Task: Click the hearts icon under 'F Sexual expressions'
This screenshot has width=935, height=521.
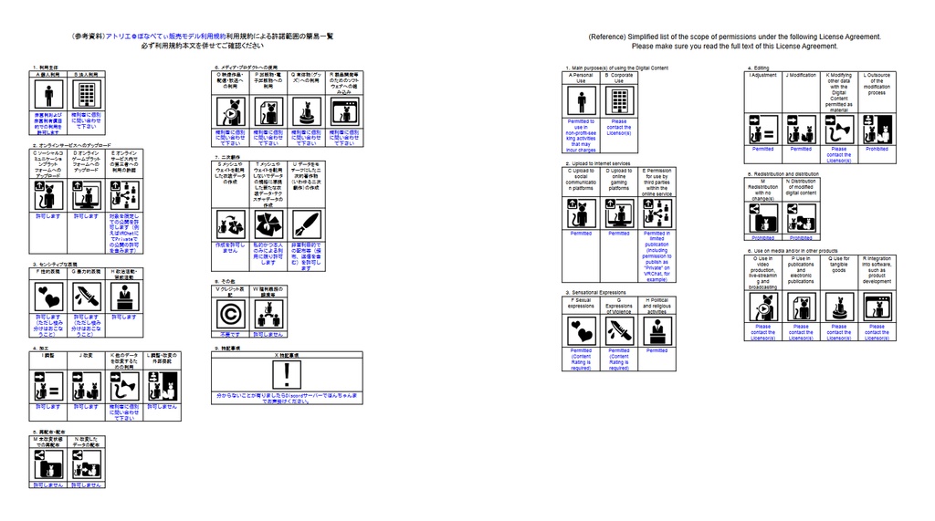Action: tap(581, 330)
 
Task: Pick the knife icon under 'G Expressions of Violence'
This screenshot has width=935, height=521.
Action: tap(619, 330)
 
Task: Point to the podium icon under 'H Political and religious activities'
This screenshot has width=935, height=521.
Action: tap(657, 330)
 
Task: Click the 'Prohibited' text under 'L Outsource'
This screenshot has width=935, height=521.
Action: tap(877, 149)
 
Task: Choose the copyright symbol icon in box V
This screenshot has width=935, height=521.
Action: tap(230, 314)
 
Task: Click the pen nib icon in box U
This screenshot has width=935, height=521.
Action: tap(306, 224)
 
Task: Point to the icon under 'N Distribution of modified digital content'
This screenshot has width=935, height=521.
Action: tap(801, 218)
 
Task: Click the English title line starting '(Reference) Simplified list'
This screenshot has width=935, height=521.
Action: tap(734, 36)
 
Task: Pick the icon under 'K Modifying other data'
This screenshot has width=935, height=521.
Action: tap(838, 130)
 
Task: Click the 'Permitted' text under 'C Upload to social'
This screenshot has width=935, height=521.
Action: tap(581, 234)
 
